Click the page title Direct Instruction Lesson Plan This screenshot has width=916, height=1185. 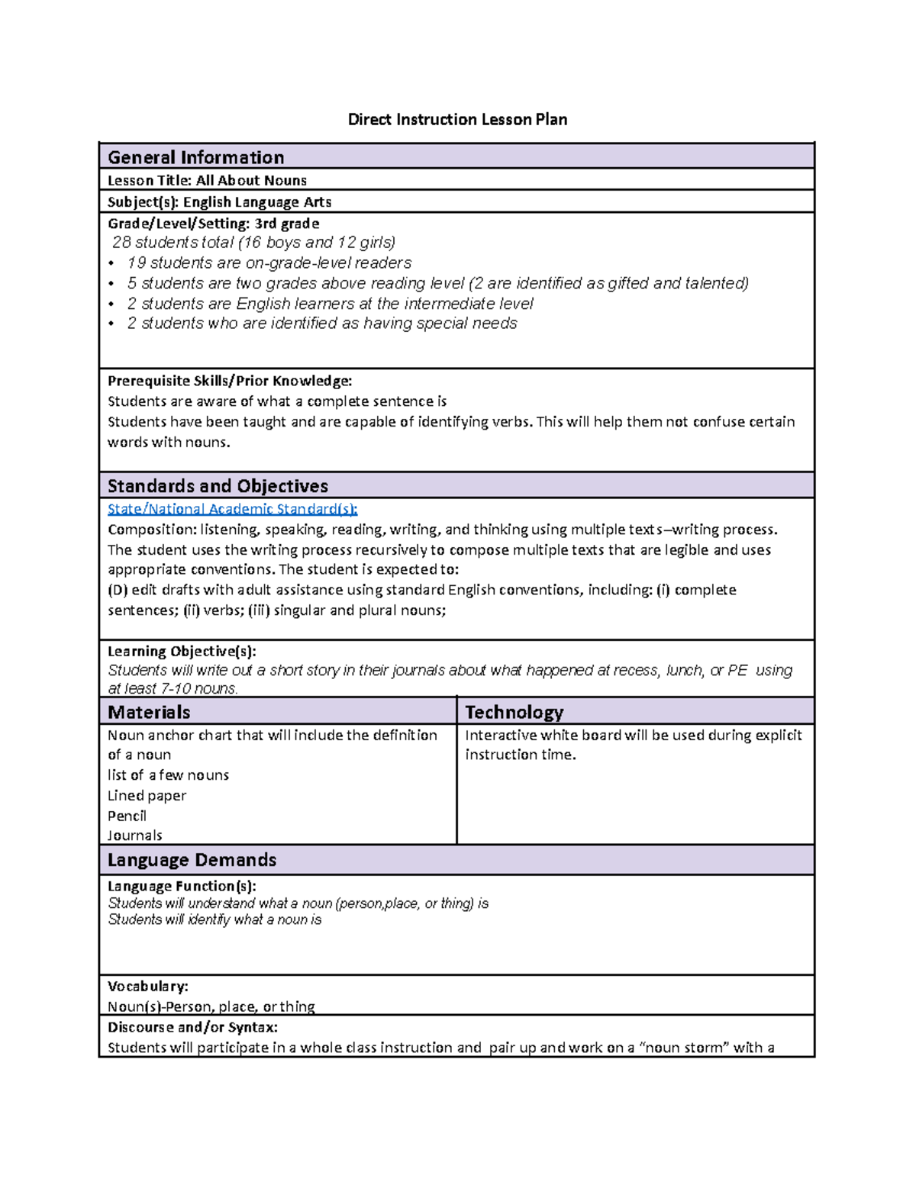(457, 120)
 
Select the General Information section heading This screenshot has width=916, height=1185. (195, 157)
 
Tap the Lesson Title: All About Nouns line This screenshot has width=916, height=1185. (207, 181)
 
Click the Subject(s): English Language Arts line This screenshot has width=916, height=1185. (219, 202)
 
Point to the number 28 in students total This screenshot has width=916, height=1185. (121, 243)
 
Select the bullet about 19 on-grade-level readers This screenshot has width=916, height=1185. (269, 263)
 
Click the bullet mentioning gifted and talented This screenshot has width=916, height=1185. (437, 283)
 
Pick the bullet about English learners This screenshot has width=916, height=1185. (330, 304)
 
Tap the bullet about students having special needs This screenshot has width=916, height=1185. (321, 324)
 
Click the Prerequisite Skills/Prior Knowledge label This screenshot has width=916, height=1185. (230, 381)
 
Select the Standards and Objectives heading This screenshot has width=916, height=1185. (218, 486)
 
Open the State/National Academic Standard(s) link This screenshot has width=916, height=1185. (232, 509)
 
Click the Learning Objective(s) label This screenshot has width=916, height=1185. (182, 651)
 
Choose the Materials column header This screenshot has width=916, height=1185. (149, 712)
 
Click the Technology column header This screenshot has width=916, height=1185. (514, 712)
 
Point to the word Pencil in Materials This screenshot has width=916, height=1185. (127, 816)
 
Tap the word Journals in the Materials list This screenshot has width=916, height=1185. (134, 836)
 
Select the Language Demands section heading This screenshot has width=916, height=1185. (192, 860)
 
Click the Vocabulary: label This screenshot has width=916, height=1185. (147, 986)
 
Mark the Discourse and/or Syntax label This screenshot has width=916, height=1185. (192, 1027)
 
